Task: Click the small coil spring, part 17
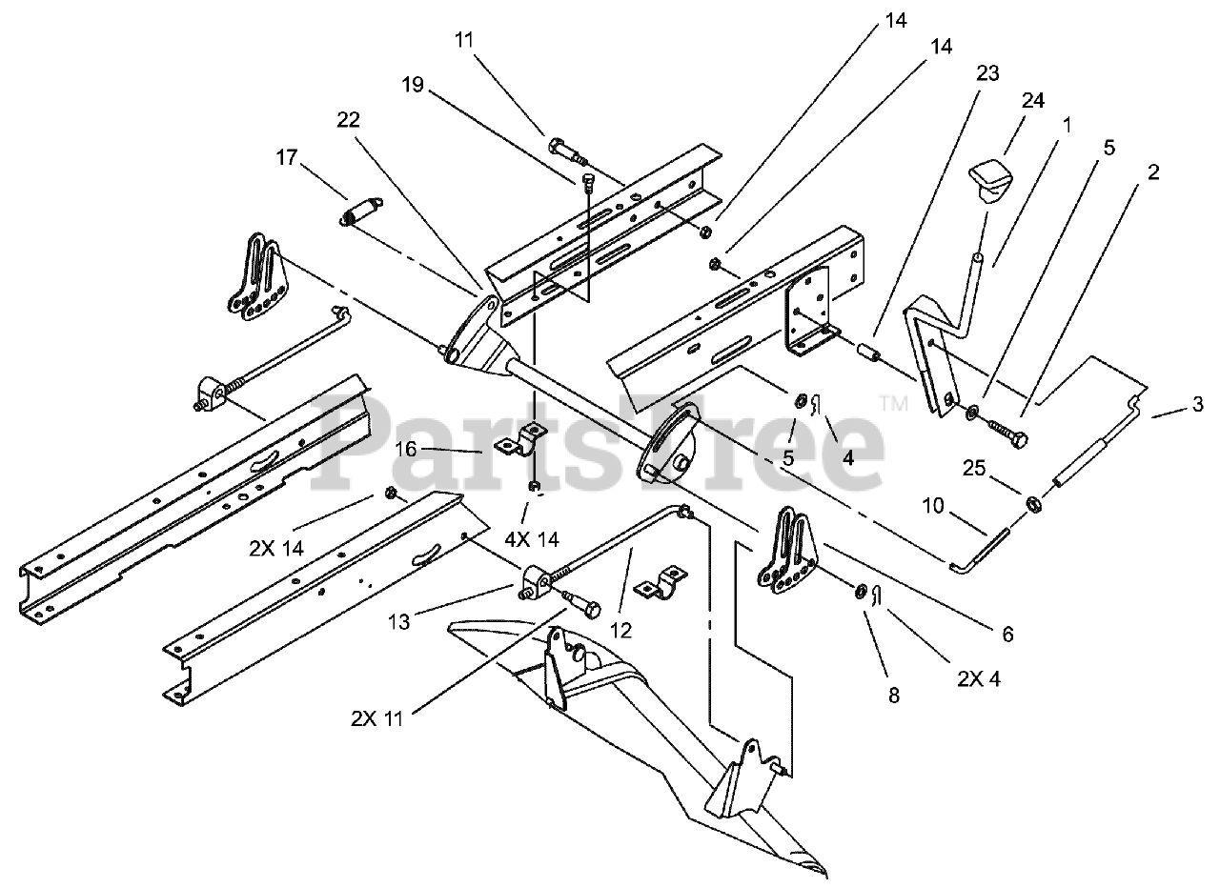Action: [x=362, y=212]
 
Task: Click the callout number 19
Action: [x=412, y=84]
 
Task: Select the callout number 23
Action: [x=987, y=73]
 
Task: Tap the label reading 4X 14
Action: [x=533, y=538]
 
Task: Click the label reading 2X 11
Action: [x=376, y=718]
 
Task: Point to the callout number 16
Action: [x=406, y=449]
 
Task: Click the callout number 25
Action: [x=974, y=468]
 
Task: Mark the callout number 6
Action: [x=1007, y=634]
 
